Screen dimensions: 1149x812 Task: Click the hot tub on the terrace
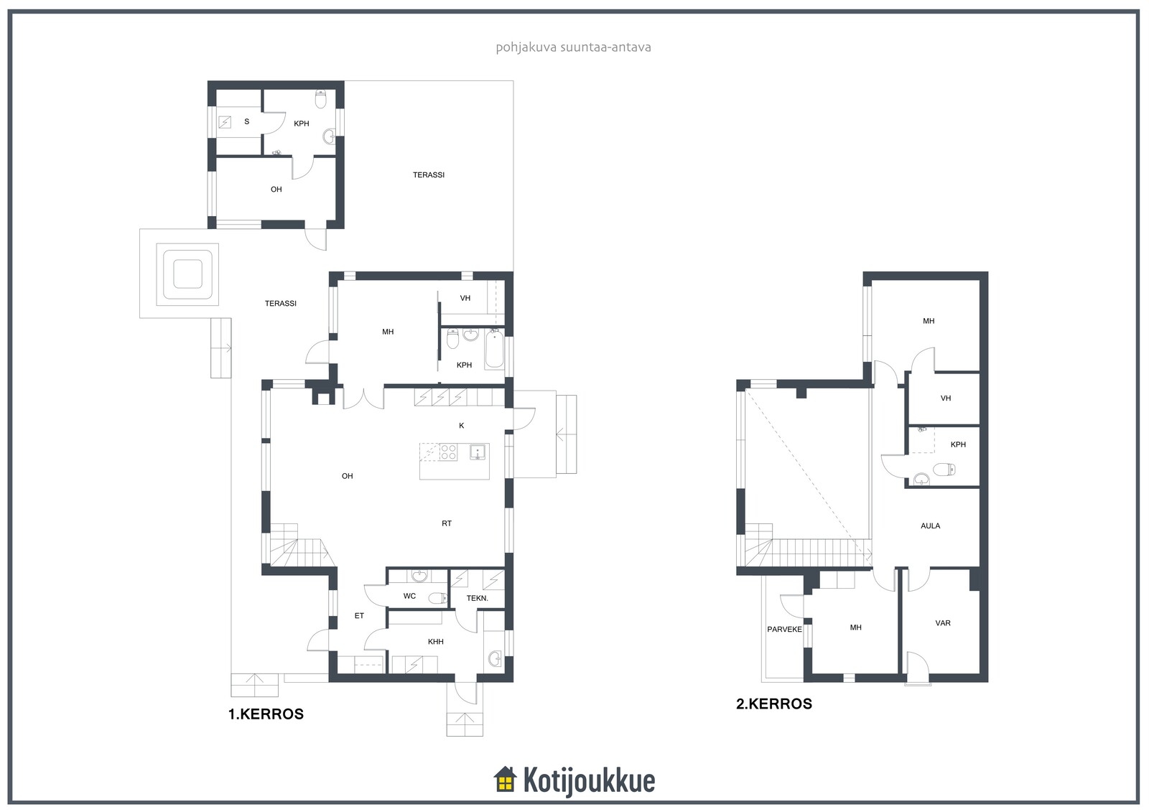click(187, 274)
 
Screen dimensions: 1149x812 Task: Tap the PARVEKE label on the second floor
click(784, 630)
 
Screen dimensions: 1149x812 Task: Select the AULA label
click(930, 526)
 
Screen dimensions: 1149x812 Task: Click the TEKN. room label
click(477, 598)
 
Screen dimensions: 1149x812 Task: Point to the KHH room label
click(435, 642)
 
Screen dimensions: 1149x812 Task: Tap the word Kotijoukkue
click(589, 780)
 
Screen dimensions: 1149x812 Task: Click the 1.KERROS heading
click(266, 714)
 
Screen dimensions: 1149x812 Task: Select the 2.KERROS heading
click(774, 704)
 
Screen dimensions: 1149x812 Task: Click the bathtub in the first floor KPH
click(495, 349)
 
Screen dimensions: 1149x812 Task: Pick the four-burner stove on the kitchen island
click(448, 452)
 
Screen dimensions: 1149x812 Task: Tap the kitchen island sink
click(478, 452)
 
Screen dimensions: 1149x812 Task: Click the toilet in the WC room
click(438, 597)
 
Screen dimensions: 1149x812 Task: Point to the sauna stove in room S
click(225, 122)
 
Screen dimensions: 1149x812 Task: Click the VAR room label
click(943, 623)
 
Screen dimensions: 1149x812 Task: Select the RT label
click(446, 523)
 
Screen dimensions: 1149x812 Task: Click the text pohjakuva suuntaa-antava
click(574, 47)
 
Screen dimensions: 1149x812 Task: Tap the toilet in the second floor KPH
click(944, 470)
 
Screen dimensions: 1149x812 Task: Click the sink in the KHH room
click(495, 658)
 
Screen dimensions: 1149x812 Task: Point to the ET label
click(359, 616)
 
